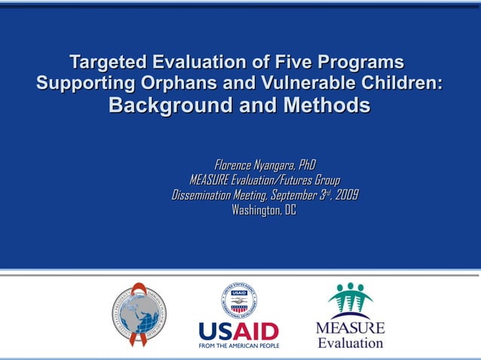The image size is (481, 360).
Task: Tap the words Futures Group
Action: [x=309, y=180]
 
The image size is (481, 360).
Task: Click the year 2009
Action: [x=347, y=195]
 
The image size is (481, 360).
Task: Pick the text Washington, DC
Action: [x=264, y=210]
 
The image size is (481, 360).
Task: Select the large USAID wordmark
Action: [x=238, y=331]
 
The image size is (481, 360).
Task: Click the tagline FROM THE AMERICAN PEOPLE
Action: [x=238, y=346]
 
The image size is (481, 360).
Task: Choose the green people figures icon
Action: [x=350, y=300]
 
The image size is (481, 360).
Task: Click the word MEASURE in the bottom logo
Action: [x=350, y=328]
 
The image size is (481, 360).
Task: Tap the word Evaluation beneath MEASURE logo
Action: [x=350, y=343]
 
